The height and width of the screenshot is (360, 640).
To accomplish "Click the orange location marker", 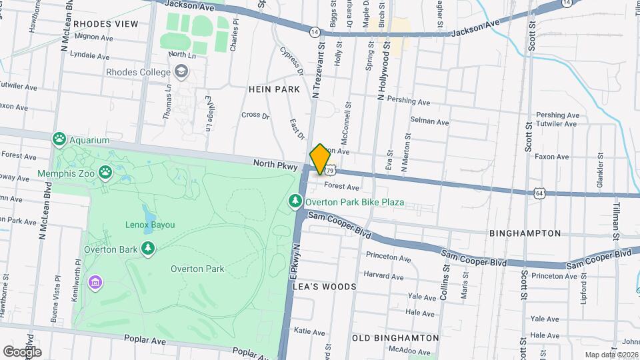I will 320,159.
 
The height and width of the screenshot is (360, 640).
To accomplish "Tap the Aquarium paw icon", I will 59,139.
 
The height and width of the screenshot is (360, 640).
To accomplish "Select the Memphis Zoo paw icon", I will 105,173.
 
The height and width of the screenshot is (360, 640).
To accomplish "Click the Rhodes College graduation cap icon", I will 181,71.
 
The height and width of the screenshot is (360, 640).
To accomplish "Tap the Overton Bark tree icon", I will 147,249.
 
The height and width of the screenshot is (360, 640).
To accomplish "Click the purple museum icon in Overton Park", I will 95,282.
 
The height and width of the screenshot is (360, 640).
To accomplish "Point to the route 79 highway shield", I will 330,171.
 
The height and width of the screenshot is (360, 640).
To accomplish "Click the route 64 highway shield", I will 539,193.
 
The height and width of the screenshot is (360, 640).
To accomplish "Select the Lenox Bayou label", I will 149,225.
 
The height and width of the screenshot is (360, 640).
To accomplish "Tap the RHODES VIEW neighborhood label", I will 106,24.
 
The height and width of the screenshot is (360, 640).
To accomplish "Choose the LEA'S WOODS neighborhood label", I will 324,287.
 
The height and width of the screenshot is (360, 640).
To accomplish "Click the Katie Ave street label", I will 309,331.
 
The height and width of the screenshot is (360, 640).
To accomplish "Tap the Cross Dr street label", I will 255,115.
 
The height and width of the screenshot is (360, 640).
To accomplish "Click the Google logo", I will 22,351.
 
